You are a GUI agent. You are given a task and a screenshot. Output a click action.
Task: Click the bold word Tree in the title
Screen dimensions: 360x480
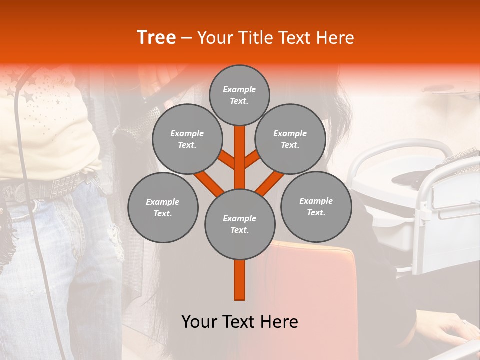(156, 37)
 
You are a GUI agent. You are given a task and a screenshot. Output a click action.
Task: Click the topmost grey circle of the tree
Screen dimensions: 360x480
(239, 95)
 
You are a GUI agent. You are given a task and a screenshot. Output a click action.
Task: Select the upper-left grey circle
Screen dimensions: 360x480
(187, 139)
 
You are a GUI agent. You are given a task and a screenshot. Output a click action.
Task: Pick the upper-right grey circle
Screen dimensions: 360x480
(290, 139)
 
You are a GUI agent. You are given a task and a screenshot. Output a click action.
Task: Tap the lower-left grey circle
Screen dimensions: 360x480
(163, 207)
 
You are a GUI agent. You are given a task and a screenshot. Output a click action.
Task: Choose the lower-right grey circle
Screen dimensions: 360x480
(316, 206)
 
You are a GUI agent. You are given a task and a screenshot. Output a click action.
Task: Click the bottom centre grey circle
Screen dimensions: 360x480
(240, 224)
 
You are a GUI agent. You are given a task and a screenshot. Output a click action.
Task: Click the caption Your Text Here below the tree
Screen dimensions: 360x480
(240, 322)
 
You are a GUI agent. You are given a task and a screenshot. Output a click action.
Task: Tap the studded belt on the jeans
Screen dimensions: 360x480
(55, 187)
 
